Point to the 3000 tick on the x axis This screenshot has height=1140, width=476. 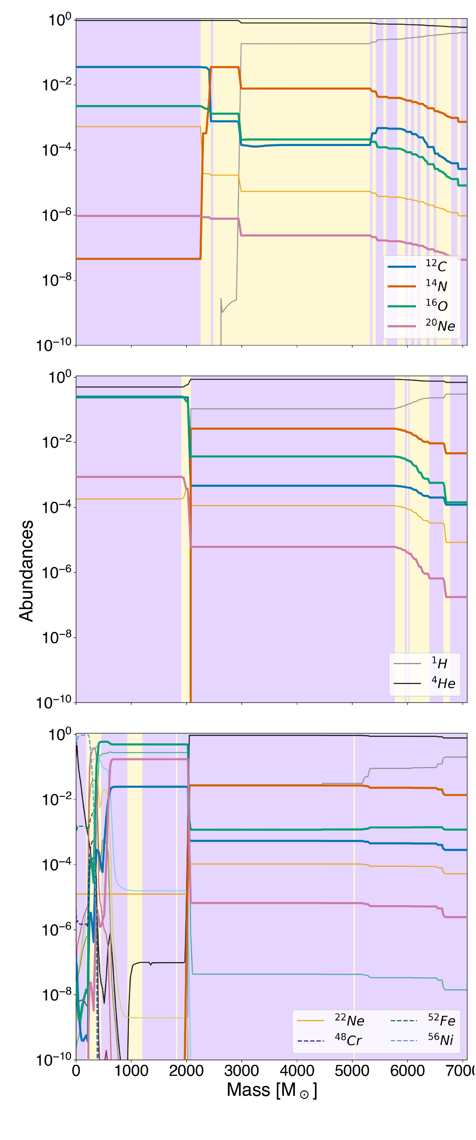tap(241, 1071)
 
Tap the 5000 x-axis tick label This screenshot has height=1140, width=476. tap(352, 1071)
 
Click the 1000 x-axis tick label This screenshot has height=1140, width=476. tap(131, 1071)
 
